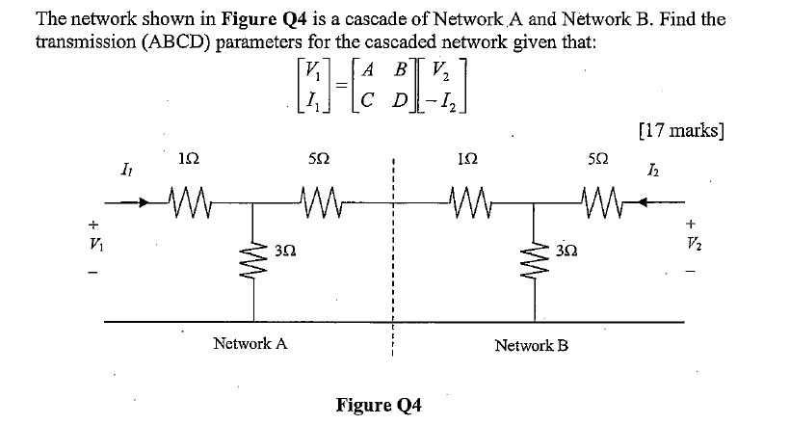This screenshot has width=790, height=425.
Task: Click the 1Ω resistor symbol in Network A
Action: (x=183, y=204)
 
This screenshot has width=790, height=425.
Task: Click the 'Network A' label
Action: (x=250, y=343)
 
